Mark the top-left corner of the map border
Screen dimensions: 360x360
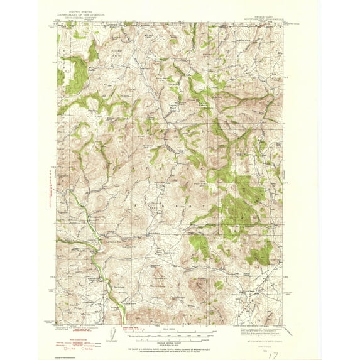click(x=57, y=24)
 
